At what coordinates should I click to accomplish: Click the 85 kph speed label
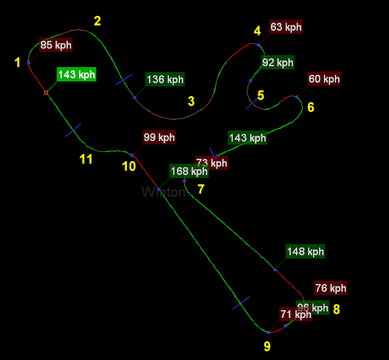tap(56, 45)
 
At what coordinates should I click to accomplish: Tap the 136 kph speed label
tap(165, 80)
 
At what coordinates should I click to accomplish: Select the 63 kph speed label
tap(286, 27)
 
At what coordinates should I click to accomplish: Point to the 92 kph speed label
tap(278, 62)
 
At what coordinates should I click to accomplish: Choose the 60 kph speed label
tap(324, 79)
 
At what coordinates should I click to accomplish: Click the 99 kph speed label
tap(159, 137)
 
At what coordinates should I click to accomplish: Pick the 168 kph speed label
tap(188, 171)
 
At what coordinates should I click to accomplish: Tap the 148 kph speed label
tap(305, 251)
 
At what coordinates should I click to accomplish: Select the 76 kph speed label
tap(331, 288)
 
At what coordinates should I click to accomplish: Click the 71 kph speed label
tap(295, 314)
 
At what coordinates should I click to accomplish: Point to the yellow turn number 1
tap(18, 62)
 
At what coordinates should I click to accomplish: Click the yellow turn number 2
tap(97, 21)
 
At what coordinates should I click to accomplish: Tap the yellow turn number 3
tap(191, 101)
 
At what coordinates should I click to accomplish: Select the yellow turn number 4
tap(257, 31)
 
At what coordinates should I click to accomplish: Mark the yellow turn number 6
tap(311, 108)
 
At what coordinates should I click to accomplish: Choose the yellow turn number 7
tap(201, 189)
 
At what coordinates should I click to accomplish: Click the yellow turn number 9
tap(267, 347)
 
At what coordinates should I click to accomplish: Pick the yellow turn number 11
tap(86, 159)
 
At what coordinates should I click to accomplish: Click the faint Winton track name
tap(163, 193)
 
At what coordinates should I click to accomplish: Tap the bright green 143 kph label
tap(77, 75)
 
